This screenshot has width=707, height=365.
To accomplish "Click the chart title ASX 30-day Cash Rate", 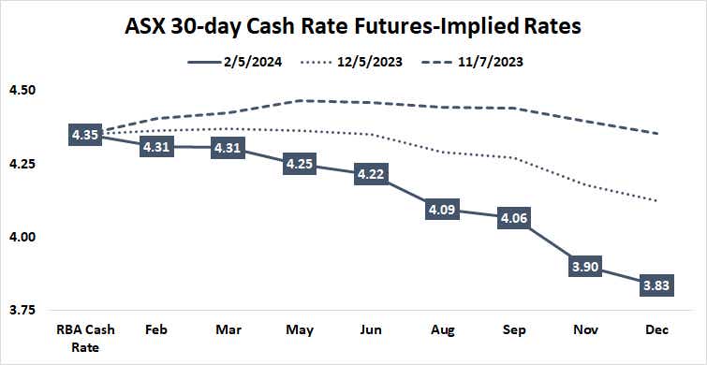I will [353, 25].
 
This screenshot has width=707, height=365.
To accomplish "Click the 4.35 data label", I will [84, 136].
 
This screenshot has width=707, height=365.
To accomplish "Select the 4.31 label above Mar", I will [228, 147].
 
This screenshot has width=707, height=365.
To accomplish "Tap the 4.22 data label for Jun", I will [371, 174].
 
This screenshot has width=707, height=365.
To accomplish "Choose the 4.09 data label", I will [443, 211].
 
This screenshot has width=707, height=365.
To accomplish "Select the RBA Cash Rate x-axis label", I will [84, 338].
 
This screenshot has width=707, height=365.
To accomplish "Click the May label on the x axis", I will [300, 331].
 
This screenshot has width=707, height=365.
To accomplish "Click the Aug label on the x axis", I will [443, 331].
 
